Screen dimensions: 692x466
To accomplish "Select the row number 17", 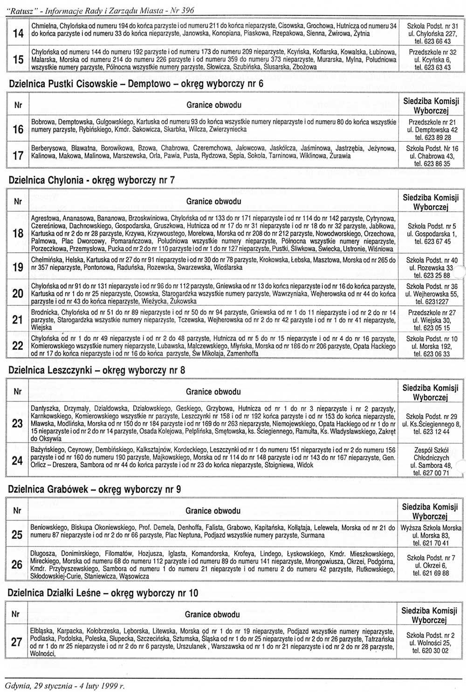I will (x=18, y=155).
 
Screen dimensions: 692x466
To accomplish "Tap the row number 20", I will (x=18, y=293).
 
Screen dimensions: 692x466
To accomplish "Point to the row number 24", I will (x=17, y=461).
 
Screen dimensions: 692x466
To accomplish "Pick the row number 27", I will (x=17, y=642).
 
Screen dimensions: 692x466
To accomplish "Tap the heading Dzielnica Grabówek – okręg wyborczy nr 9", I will (x=95, y=490).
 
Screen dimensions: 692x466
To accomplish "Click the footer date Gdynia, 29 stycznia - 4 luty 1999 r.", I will (x=64, y=686).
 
